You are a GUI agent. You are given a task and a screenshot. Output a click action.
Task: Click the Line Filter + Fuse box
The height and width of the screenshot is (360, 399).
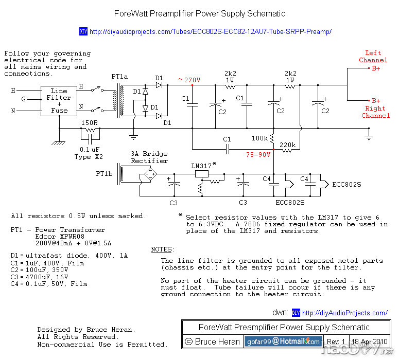click(59, 100)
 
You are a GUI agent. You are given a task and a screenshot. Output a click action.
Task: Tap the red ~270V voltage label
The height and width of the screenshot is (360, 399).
click(189, 80)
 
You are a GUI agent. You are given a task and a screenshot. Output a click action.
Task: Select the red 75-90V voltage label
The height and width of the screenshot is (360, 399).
click(258, 154)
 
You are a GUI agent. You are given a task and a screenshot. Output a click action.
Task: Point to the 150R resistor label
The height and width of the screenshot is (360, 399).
click(90, 123)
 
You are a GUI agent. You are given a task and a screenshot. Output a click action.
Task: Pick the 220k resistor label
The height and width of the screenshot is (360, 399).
click(287, 146)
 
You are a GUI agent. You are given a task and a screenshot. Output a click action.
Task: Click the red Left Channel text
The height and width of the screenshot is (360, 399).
click(373, 57)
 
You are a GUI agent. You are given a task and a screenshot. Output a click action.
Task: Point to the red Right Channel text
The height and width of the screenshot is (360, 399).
click(375, 112)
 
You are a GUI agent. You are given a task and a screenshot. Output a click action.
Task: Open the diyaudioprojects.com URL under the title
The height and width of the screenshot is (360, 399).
click(210, 32)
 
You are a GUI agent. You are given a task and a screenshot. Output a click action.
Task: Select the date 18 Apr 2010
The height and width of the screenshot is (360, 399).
click(370, 341)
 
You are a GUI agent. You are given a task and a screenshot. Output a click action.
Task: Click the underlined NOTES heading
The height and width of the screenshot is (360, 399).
click(163, 249)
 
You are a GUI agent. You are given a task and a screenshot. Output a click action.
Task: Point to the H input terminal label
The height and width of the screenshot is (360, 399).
click(13, 91)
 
